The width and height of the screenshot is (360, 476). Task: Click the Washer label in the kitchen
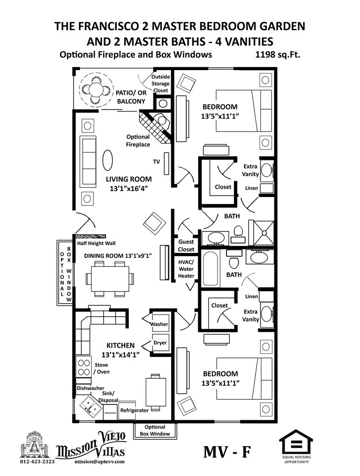pos(160,324)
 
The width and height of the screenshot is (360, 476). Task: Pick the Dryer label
pos(160,343)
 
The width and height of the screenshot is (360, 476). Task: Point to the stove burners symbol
pos(83,368)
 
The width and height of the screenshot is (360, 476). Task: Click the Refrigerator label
pos(134,410)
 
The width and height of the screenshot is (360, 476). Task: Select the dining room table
pos(110,278)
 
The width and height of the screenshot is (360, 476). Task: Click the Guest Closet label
pos(186,245)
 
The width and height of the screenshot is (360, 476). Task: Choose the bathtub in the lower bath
pos(210,269)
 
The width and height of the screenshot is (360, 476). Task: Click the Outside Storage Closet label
pos(160,84)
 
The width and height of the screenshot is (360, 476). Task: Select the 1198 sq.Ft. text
pos(278,54)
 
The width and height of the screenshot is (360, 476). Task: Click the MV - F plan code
pos(227,452)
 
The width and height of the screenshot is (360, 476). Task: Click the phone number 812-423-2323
pos(37,462)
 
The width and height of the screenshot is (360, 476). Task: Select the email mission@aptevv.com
pos(99,462)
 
